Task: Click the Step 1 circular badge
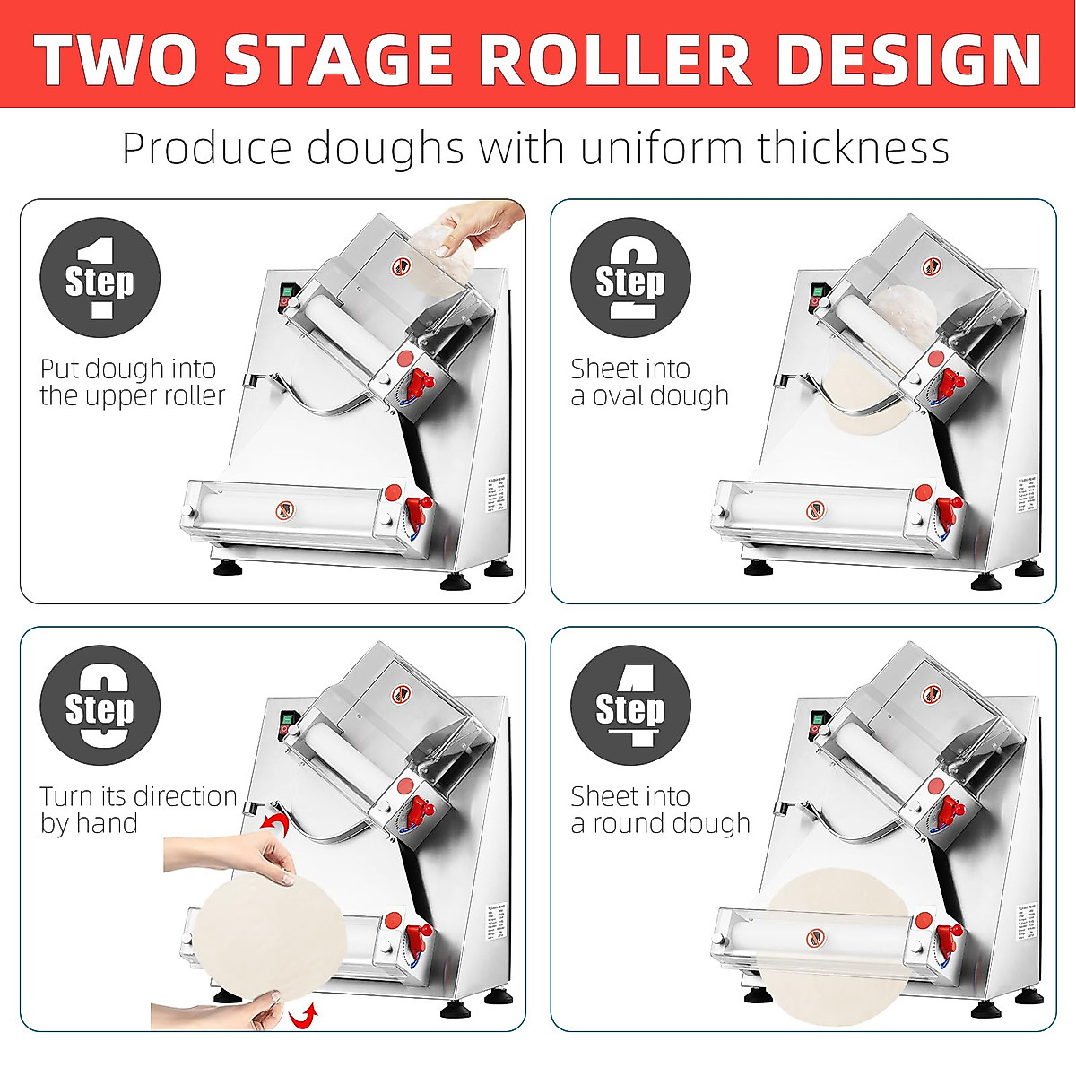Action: pos(100,278)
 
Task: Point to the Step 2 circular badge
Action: pos(630,278)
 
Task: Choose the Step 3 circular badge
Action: pos(100,706)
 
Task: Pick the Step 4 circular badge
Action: pos(630,706)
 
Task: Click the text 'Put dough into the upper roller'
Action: pos(132,382)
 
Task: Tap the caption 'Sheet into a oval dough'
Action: pos(649,382)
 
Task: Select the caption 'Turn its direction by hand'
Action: pos(137,810)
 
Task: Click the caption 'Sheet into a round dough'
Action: pos(660,810)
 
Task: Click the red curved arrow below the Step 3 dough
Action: pos(305,1016)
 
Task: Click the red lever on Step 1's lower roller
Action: pos(417,513)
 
